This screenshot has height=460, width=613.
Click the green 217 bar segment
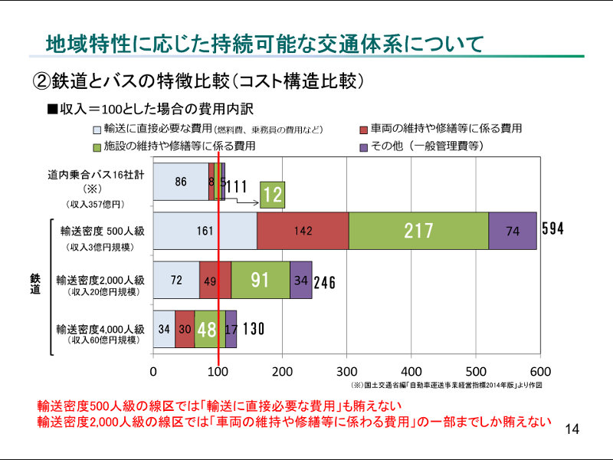coord(418,230)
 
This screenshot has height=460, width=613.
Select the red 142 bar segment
coord(303,230)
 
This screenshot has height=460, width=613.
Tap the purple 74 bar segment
coord(513,230)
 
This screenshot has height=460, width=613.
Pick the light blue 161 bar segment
coord(205,230)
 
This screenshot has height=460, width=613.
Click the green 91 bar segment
coord(261,280)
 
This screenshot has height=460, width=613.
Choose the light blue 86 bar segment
coord(181,182)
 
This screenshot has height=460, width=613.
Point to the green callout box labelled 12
coord(273,195)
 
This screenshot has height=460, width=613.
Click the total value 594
coord(552,229)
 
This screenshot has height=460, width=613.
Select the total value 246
coord(325,281)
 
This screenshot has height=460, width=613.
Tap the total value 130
coord(254,330)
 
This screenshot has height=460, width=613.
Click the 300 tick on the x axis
coord(347,372)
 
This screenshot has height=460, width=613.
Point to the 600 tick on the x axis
coord(540,372)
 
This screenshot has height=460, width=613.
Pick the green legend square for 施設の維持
coord(97,146)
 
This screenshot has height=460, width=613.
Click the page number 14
coord(572,429)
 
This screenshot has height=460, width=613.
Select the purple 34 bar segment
coord(301,280)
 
